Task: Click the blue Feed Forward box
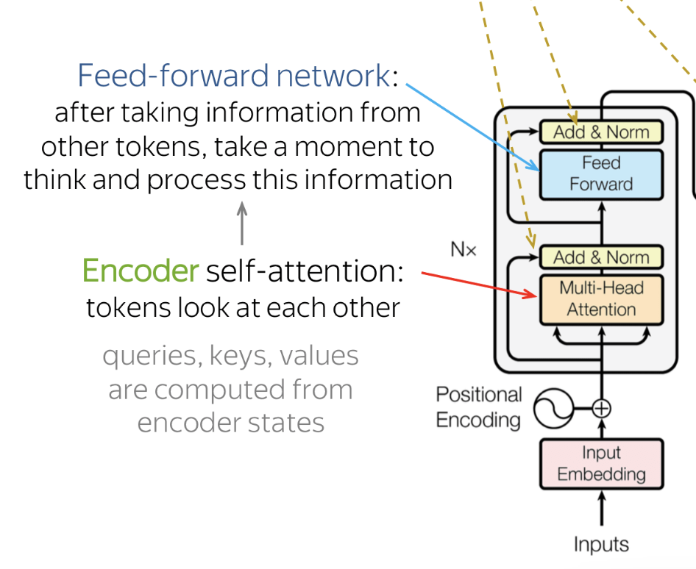coord(601,173)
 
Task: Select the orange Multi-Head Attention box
coord(601,298)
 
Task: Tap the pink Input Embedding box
coord(601,464)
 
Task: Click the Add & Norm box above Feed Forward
coord(601,132)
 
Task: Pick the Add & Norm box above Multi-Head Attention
coord(601,257)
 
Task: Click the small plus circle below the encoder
coord(602,408)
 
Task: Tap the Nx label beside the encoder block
coord(464,250)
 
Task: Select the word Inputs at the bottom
coord(601,545)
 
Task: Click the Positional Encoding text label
coord(478,407)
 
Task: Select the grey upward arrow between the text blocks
coord(242,223)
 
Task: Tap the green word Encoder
coord(141,271)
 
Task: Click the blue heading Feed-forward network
coord(233,76)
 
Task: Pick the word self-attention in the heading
coord(305,271)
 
